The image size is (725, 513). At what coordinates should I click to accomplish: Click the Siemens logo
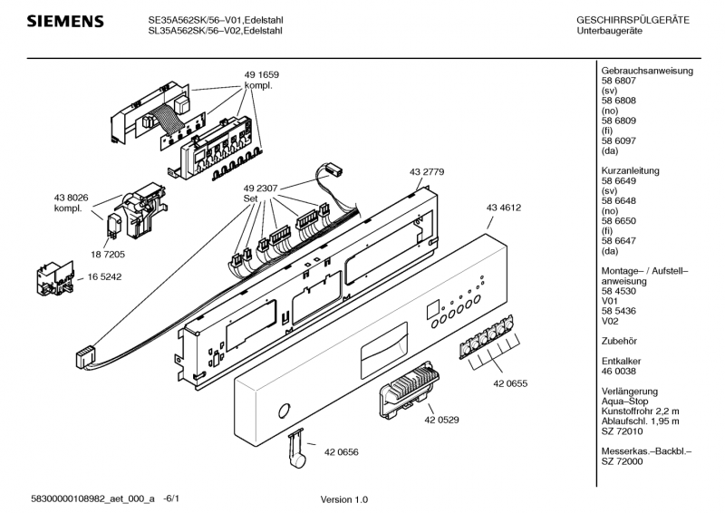coord(65,21)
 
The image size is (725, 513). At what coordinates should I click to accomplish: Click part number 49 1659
coord(261,74)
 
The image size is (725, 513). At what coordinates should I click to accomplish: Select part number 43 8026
coord(71,198)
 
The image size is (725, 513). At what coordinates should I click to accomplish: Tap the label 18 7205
coord(108,254)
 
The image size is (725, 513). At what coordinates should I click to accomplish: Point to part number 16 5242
coord(104,276)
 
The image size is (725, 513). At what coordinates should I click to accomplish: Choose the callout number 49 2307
coord(260,189)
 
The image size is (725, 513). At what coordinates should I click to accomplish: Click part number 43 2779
coord(426,171)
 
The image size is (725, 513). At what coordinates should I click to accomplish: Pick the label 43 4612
coord(504,208)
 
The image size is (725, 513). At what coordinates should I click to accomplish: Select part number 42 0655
coord(510,383)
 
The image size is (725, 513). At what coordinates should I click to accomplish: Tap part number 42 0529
coord(441,420)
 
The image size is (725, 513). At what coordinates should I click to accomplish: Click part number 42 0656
coord(342,452)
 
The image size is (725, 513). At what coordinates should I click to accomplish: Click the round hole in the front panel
coord(285,411)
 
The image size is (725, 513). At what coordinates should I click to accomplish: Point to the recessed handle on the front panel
coord(383,351)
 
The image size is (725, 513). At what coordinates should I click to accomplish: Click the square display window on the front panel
coord(433,310)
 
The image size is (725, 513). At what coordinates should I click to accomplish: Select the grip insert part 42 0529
coord(409,389)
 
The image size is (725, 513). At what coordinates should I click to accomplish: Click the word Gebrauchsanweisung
coord(647,71)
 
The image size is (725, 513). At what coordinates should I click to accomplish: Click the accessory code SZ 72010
coord(622,431)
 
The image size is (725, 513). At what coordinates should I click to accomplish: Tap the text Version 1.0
coord(344,499)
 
